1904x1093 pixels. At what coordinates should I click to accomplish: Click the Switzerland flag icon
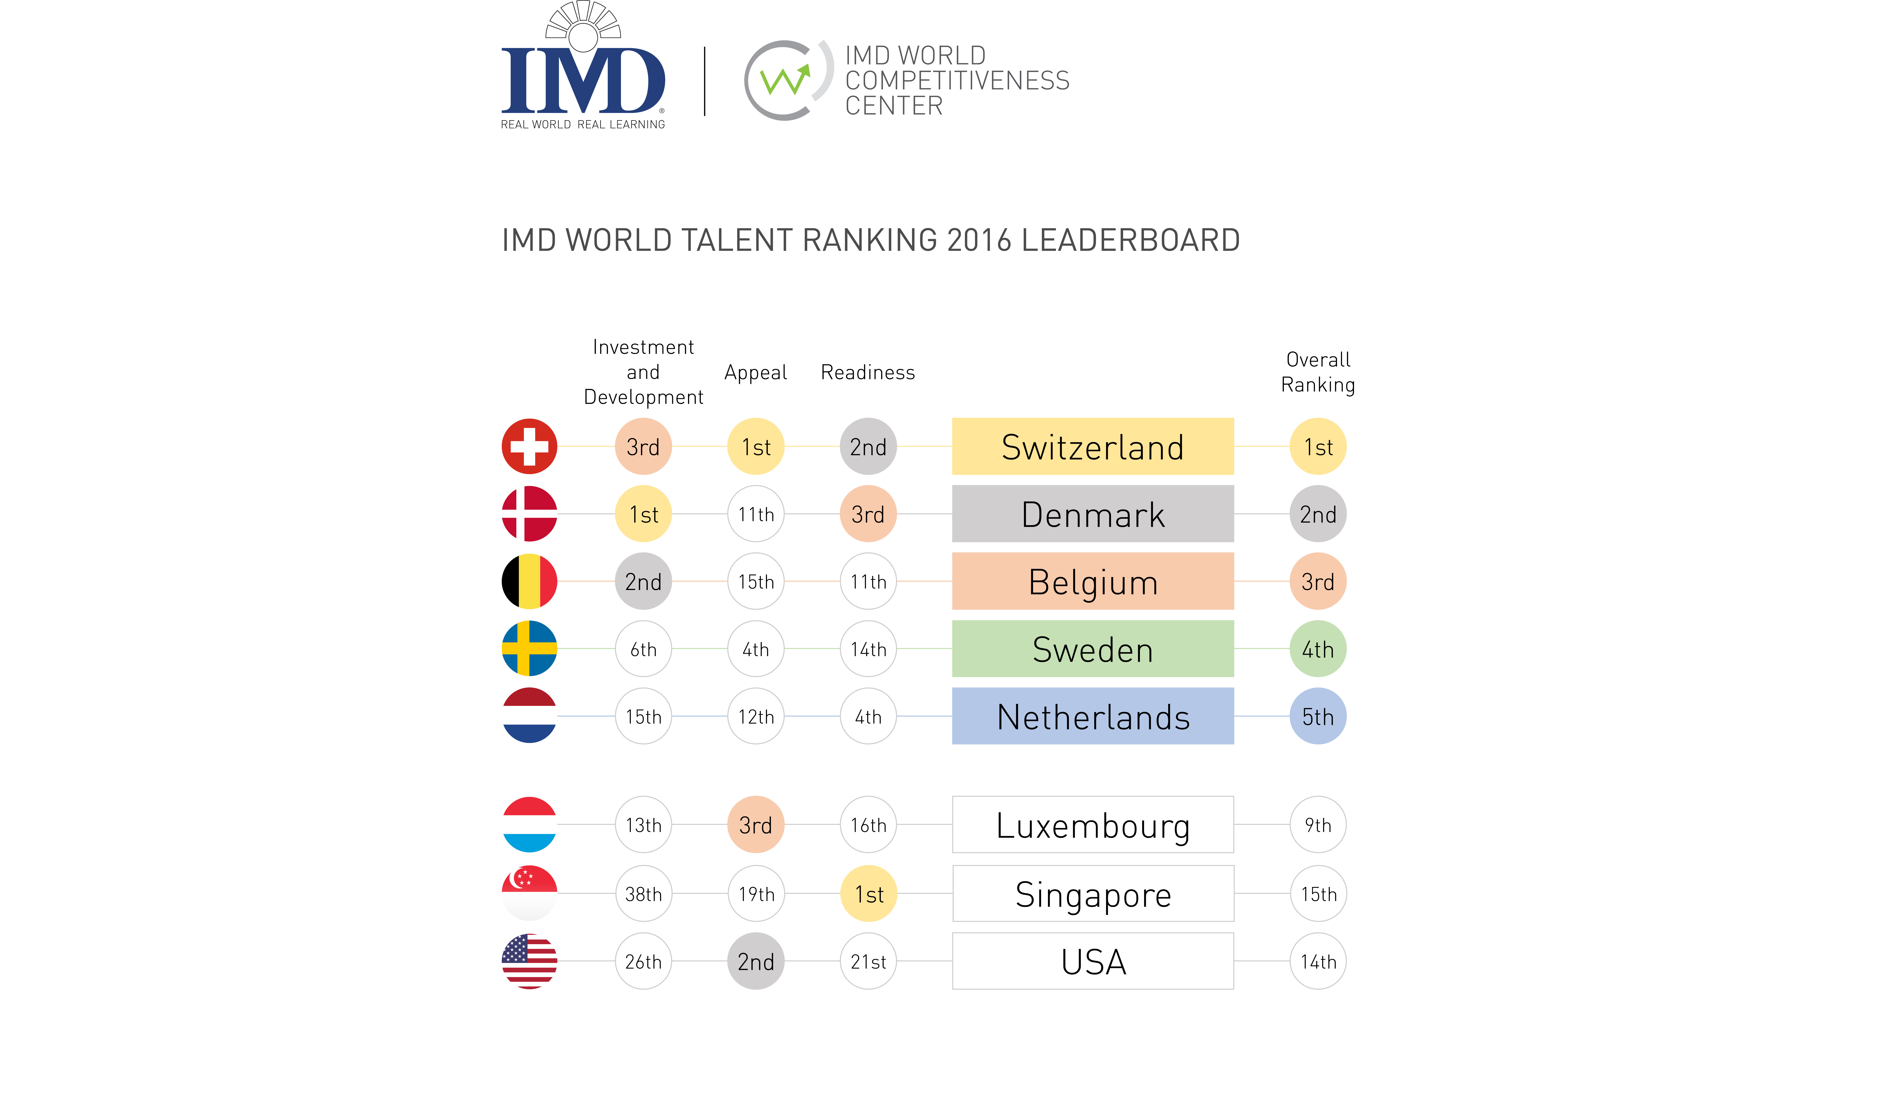529,447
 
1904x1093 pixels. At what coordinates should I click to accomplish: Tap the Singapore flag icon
529,893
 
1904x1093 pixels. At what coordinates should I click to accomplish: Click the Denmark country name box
1092,514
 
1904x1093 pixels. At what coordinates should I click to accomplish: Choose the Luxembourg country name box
1092,825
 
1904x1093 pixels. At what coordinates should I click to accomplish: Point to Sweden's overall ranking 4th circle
1318,649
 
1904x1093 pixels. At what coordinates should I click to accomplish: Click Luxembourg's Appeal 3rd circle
756,825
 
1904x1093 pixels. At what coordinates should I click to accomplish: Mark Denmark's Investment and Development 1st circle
643,514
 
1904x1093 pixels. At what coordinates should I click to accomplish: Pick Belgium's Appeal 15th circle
756,582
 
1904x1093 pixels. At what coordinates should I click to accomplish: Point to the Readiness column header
868,372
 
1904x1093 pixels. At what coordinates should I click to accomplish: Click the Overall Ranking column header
1318,372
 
